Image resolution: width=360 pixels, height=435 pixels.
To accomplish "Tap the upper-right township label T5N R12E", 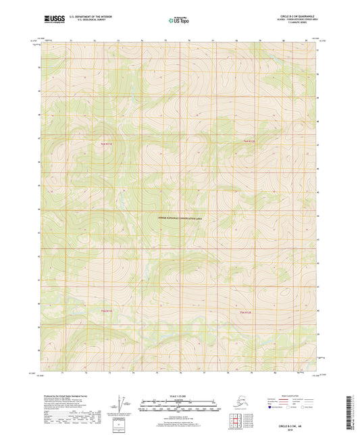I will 250,141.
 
